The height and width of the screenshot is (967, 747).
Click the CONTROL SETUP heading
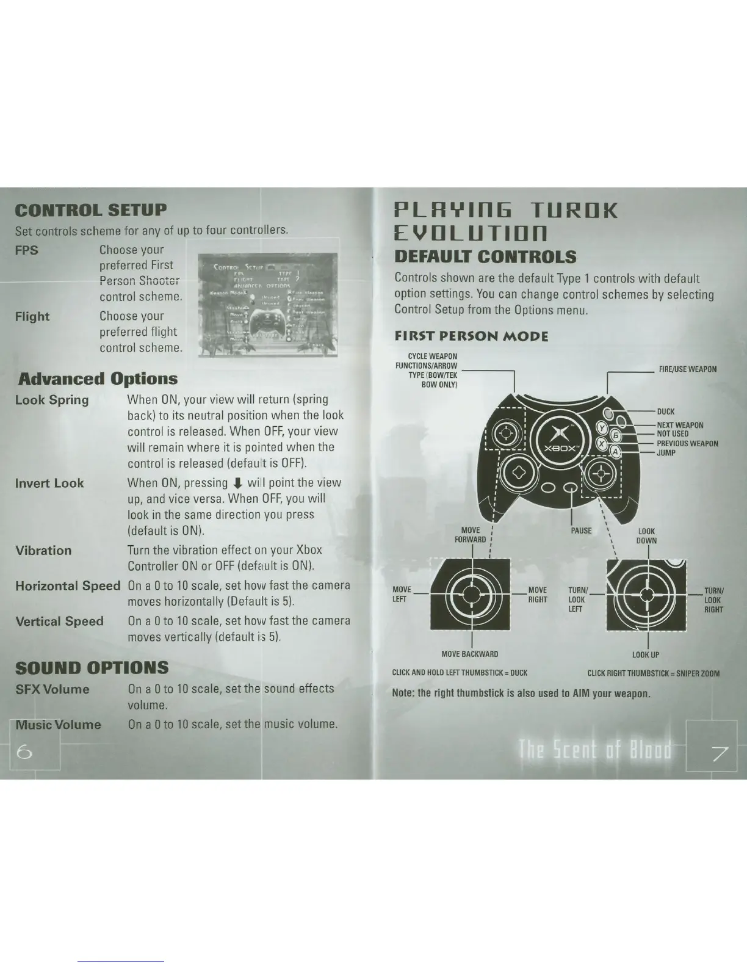(x=90, y=210)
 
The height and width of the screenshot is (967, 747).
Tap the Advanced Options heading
(x=98, y=378)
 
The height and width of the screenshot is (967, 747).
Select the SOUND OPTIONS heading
(x=92, y=667)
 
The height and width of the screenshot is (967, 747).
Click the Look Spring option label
(x=52, y=400)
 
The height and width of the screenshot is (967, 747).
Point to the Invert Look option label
(x=49, y=483)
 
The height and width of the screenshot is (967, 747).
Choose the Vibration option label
(x=43, y=551)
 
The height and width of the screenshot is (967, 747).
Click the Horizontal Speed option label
(x=68, y=586)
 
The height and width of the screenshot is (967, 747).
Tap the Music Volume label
(x=58, y=725)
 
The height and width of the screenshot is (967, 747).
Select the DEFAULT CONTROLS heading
(x=485, y=257)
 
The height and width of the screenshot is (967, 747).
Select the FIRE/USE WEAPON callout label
(x=688, y=369)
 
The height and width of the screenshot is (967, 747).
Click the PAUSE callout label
(x=581, y=531)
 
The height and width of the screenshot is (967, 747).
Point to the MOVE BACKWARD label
(x=469, y=654)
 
